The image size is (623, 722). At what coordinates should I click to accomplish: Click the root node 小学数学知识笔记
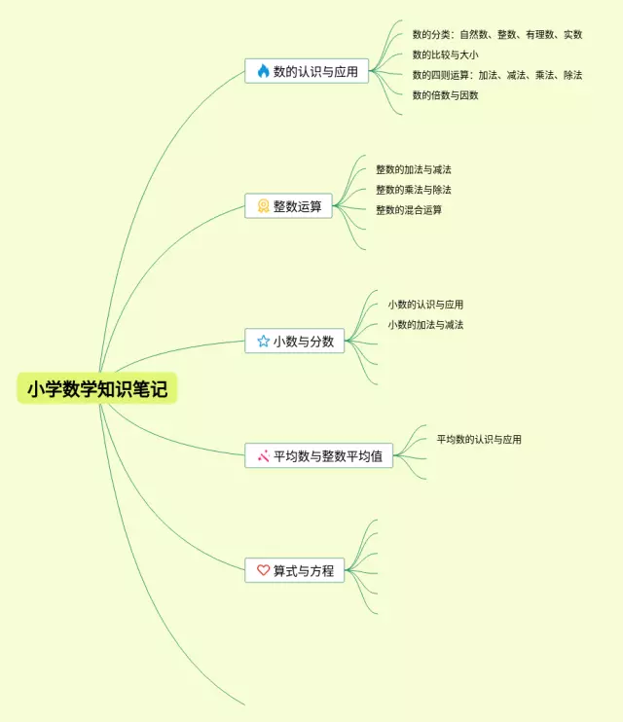(97, 389)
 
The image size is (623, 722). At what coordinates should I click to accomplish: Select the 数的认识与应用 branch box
(307, 71)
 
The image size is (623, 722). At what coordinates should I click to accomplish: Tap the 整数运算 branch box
(288, 206)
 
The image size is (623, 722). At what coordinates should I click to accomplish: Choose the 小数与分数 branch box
(294, 342)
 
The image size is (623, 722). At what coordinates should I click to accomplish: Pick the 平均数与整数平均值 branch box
(318, 455)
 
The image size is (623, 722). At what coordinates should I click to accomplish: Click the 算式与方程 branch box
(294, 571)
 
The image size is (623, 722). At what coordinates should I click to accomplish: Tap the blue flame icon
(263, 71)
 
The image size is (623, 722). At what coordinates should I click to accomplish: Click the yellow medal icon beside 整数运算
(263, 206)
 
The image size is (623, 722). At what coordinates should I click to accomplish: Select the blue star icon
(263, 342)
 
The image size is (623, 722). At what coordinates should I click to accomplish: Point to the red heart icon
(263, 571)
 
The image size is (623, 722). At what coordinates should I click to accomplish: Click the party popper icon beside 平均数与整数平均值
(263, 455)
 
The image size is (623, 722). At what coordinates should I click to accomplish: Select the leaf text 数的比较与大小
(445, 54)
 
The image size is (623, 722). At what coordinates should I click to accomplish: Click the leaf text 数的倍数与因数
(445, 95)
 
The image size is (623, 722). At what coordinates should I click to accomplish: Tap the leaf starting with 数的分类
(496, 34)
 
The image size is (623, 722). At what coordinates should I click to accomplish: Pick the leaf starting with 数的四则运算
(496, 75)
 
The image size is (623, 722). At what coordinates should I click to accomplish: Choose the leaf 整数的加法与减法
(414, 169)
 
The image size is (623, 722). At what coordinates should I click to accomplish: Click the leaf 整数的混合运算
(409, 210)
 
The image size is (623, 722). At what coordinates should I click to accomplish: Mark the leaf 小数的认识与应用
(425, 305)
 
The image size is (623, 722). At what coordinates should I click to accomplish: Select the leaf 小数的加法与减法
(425, 325)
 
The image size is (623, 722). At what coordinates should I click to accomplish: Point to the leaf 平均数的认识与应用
(479, 440)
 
